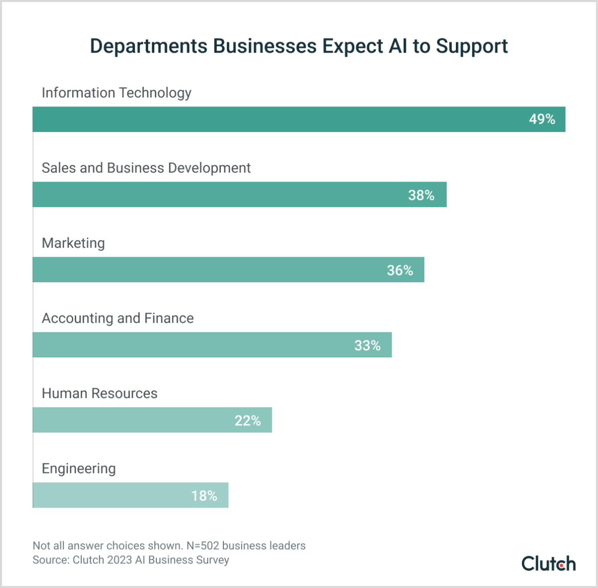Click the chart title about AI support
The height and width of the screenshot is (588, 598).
[298, 46]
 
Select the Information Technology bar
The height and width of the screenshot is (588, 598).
[276, 119]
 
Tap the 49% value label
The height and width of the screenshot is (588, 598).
[542, 119]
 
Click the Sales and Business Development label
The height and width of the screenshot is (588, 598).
[146, 168]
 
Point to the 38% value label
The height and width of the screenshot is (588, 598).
[421, 195]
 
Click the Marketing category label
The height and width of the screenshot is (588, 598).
[73, 243]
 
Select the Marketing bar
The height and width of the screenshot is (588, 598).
[204, 269]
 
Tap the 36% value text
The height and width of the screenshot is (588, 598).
[400, 270]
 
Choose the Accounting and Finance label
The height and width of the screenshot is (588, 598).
[118, 318]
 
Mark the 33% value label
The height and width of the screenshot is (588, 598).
[367, 346]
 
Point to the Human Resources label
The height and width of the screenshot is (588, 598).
[100, 393]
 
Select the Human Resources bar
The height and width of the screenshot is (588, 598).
[128, 420]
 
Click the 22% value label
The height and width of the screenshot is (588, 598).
[247, 421]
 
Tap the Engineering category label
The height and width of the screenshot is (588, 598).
[79, 468]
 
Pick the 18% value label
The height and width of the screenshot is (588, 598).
[204, 496]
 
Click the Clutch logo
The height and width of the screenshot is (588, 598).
[548, 563]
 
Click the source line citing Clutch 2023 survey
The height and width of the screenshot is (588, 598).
[131, 560]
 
